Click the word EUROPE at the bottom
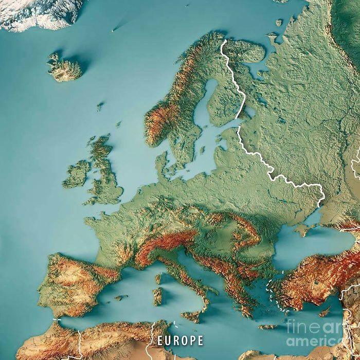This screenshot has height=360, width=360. point(180,340)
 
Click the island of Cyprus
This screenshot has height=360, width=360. point(325,313)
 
